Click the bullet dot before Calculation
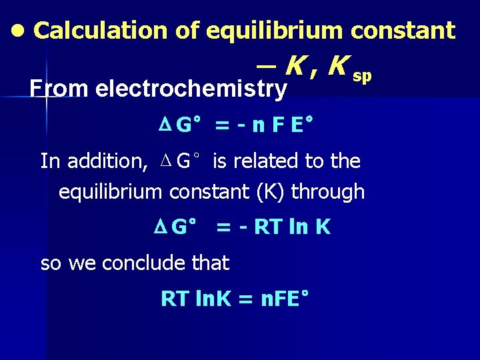tap(19, 31)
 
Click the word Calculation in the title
tap(100, 31)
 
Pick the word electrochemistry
tap(191, 89)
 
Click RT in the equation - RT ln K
tap(269, 227)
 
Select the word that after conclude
tap(210, 263)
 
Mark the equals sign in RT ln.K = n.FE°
tap(245, 299)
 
